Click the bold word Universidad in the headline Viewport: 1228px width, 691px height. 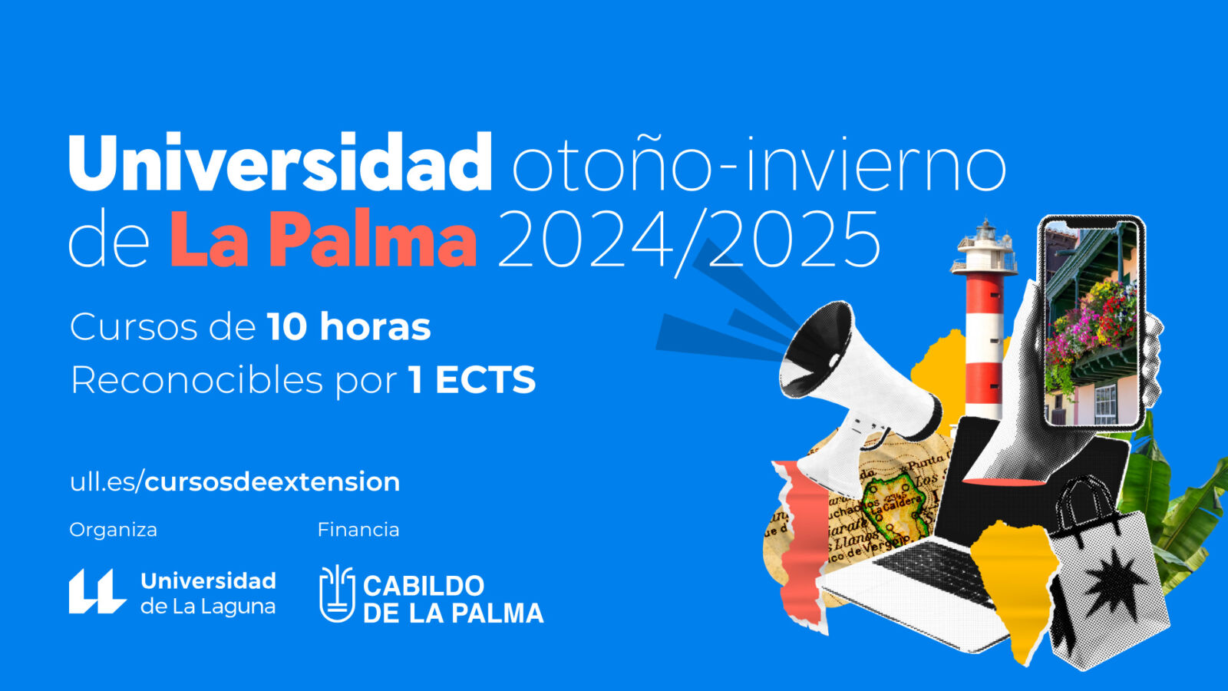tap(280, 163)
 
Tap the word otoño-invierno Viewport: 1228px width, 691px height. tap(759, 164)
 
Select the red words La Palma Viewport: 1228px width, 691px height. tap(323, 239)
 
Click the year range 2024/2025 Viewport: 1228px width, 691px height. tap(688, 241)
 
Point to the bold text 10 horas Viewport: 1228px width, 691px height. tap(349, 327)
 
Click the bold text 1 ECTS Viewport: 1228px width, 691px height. tap(471, 379)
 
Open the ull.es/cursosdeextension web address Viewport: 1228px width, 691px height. tap(235, 482)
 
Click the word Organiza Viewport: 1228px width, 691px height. tap(114, 531)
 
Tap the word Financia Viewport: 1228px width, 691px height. tap(358, 530)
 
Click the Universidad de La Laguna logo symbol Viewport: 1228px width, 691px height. tap(97, 591)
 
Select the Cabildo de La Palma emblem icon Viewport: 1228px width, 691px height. tap(337, 594)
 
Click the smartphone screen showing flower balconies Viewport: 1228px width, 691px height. tap(1091, 323)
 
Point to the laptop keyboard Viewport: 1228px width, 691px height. tap(932, 572)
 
